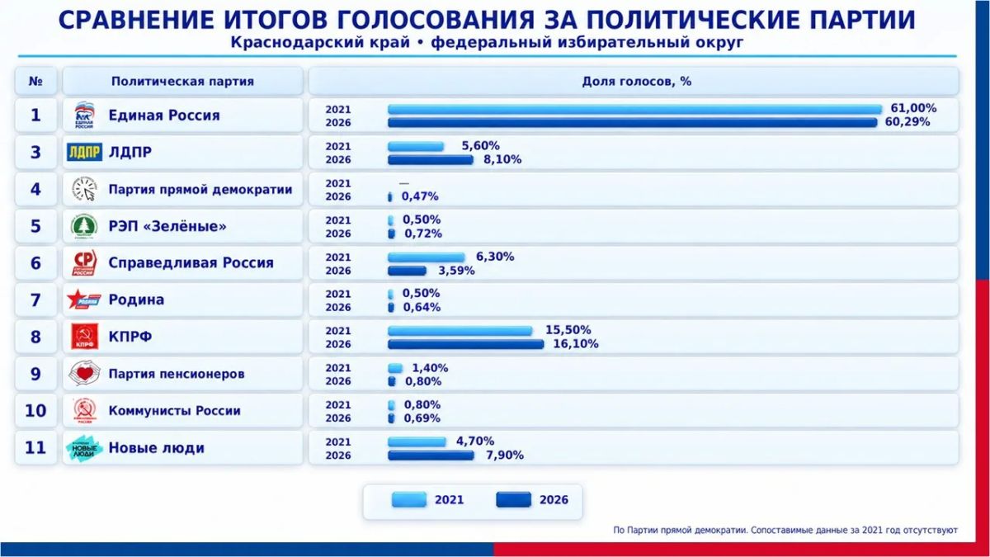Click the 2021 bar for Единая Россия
(x=634, y=110)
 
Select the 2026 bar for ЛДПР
(x=431, y=159)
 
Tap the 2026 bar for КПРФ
(x=466, y=344)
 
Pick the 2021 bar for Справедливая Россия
(x=427, y=257)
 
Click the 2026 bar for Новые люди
(x=431, y=455)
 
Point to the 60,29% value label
(x=907, y=122)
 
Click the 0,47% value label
(x=420, y=196)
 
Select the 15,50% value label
(x=568, y=330)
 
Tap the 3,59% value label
(x=456, y=271)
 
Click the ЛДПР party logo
(x=84, y=152)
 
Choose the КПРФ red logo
(x=84, y=337)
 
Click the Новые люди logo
(x=84, y=448)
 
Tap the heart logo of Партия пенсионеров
(x=84, y=374)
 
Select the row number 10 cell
(x=35, y=411)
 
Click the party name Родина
(x=136, y=300)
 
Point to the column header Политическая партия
(x=182, y=82)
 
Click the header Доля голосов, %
(x=636, y=82)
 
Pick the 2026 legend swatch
(x=513, y=499)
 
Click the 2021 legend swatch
(x=409, y=499)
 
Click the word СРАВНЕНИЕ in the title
(x=137, y=21)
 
